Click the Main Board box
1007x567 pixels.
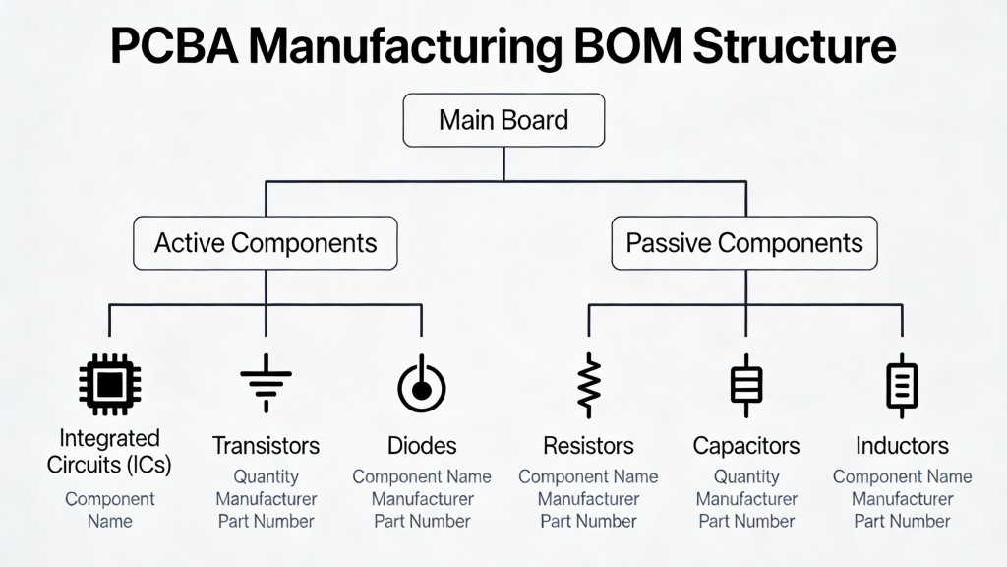(503, 121)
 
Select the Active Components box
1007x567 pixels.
(266, 243)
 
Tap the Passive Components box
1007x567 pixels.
(744, 243)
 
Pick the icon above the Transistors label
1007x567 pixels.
(266, 385)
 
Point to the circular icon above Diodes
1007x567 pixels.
(422, 385)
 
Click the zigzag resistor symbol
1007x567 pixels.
(588, 385)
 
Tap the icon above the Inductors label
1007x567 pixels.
(902, 385)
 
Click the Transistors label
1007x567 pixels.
(266, 445)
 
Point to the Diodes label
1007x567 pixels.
(422, 445)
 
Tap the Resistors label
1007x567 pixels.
(588, 446)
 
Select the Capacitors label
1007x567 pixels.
(745, 446)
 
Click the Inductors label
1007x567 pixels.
(902, 446)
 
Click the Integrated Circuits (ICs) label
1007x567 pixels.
(109, 451)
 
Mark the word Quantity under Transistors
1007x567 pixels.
(266, 477)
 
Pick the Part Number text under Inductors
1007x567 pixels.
(902, 521)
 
